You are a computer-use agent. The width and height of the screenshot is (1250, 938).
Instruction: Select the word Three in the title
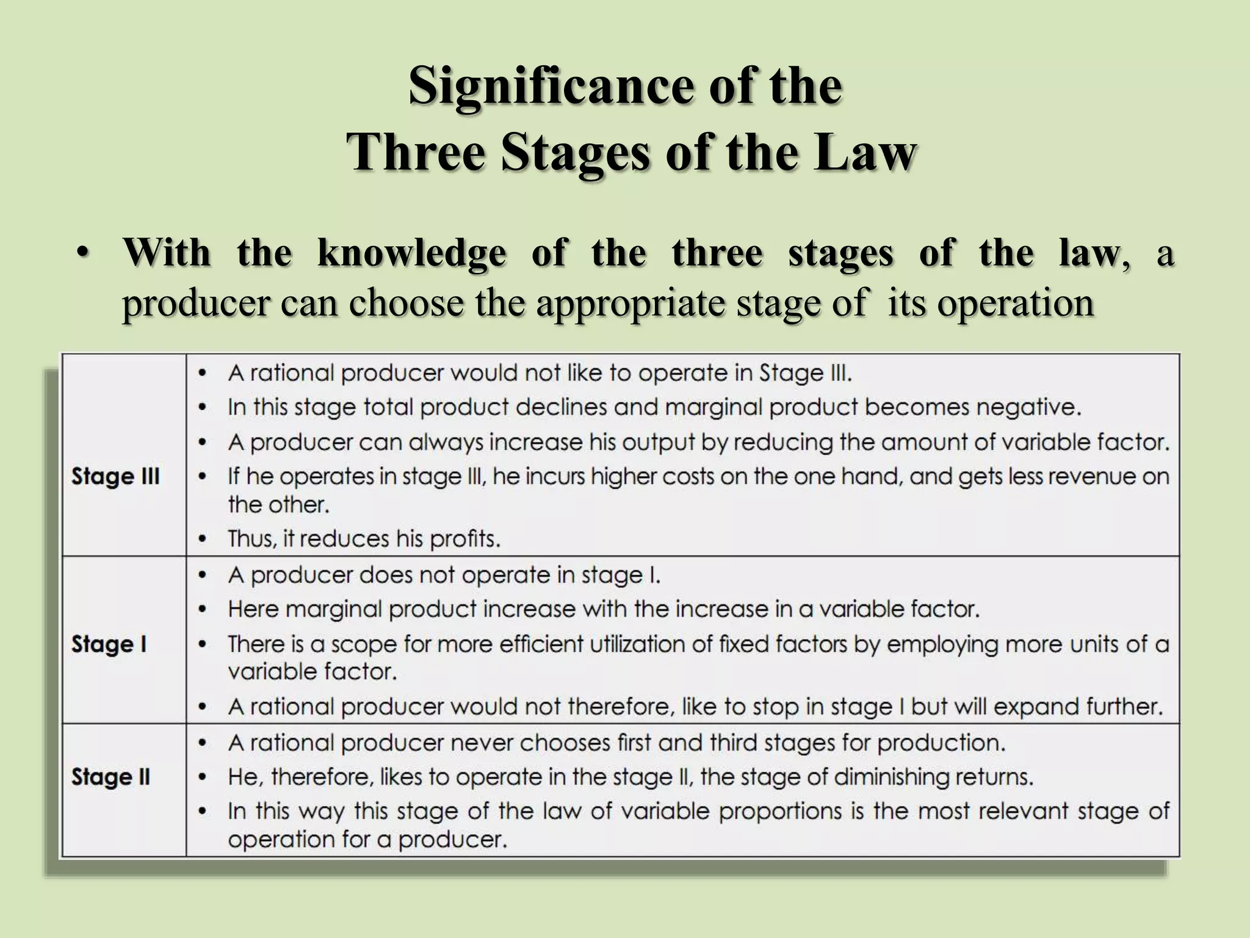(x=415, y=153)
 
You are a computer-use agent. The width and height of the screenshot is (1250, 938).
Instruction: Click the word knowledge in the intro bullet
(x=411, y=253)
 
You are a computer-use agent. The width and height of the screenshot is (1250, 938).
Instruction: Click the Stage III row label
(x=115, y=476)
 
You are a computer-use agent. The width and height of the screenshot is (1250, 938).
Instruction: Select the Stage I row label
(x=109, y=644)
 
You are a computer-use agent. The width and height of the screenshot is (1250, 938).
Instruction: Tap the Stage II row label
(x=111, y=777)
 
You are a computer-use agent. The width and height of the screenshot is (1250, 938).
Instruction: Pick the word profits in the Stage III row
(x=464, y=539)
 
